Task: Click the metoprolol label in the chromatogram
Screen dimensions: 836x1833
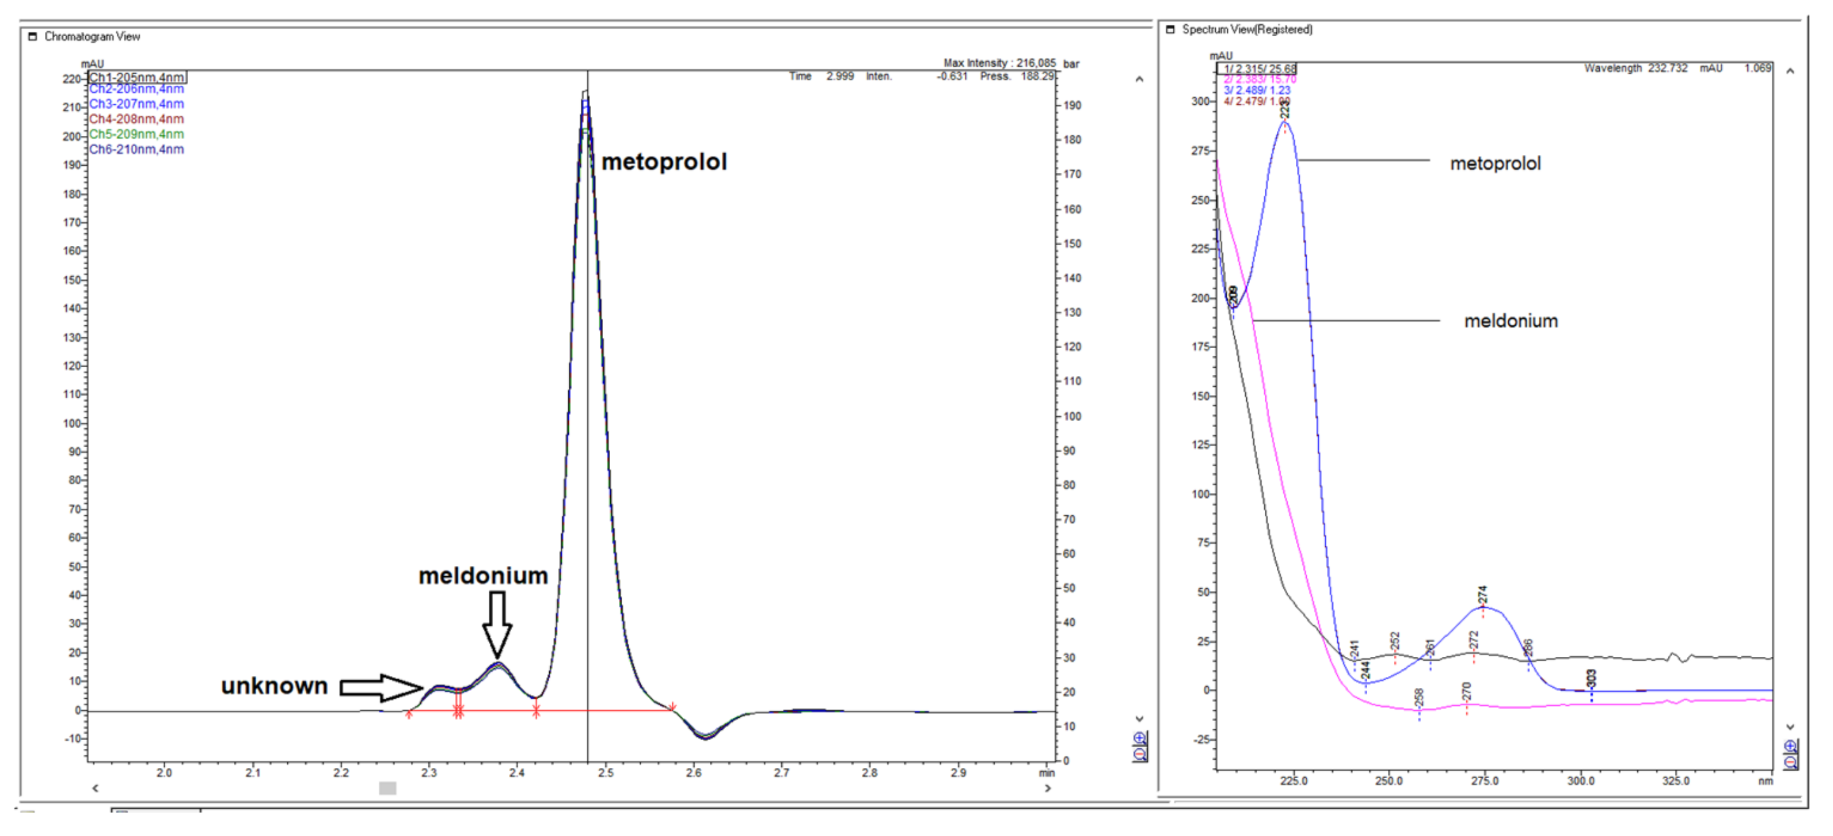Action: tap(664, 162)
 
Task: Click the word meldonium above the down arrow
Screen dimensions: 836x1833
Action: tap(483, 576)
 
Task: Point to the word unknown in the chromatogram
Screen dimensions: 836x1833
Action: tap(274, 686)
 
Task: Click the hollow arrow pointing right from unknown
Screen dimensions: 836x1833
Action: tap(381, 687)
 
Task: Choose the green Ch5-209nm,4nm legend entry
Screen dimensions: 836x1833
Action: tap(137, 135)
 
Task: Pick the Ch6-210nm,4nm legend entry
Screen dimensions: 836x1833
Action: tap(137, 149)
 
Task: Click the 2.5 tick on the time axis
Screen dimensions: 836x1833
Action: tap(605, 772)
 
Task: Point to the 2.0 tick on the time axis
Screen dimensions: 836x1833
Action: tap(165, 772)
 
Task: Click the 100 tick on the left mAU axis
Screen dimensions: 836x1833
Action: tap(72, 423)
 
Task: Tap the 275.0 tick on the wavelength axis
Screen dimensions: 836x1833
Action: tap(1484, 781)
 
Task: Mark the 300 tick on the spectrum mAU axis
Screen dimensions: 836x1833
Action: tap(1201, 102)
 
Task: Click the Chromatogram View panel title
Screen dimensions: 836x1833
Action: tap(92, 37)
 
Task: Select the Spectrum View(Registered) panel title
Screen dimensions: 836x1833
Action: tap(1246, 30)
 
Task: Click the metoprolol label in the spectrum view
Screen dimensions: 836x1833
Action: tap(1495, 164)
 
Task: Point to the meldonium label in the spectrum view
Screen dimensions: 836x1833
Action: tap(1511, 321)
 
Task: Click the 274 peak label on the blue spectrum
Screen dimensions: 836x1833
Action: tap(1482, 595)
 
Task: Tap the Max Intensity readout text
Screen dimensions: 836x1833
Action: tap(999, 64)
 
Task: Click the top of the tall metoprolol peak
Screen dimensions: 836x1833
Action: tap(585, 93)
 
